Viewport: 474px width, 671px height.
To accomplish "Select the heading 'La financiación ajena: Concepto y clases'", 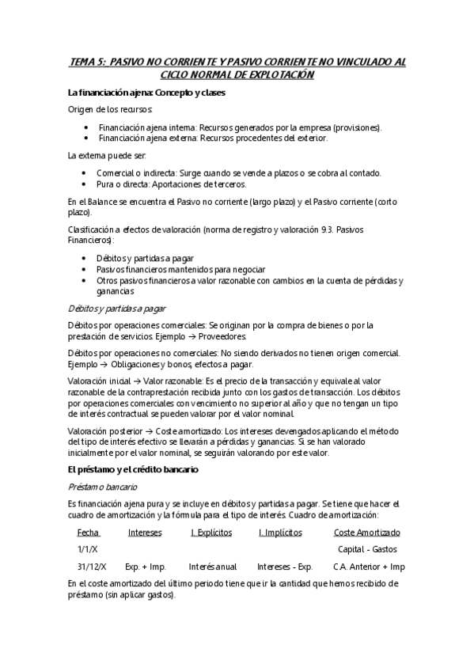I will pos(146,93).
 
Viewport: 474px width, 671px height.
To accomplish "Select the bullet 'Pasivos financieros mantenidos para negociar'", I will pos(180,269).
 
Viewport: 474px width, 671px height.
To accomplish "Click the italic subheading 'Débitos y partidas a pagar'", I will pos(117,308).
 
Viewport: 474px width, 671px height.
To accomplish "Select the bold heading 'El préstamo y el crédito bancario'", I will pos(133,469).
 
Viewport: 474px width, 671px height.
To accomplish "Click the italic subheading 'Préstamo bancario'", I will pos(103,487).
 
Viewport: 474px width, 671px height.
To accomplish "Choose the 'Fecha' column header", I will pos(88,533).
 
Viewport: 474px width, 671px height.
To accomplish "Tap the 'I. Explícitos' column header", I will pos(211,533).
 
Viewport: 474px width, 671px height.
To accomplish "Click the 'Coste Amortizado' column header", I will pos(366,533).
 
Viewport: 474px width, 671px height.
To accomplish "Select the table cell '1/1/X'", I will pos(88,549).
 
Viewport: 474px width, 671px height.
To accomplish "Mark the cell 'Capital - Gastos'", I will pos(367,549).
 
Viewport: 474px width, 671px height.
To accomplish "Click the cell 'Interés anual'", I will pos(213,567).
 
